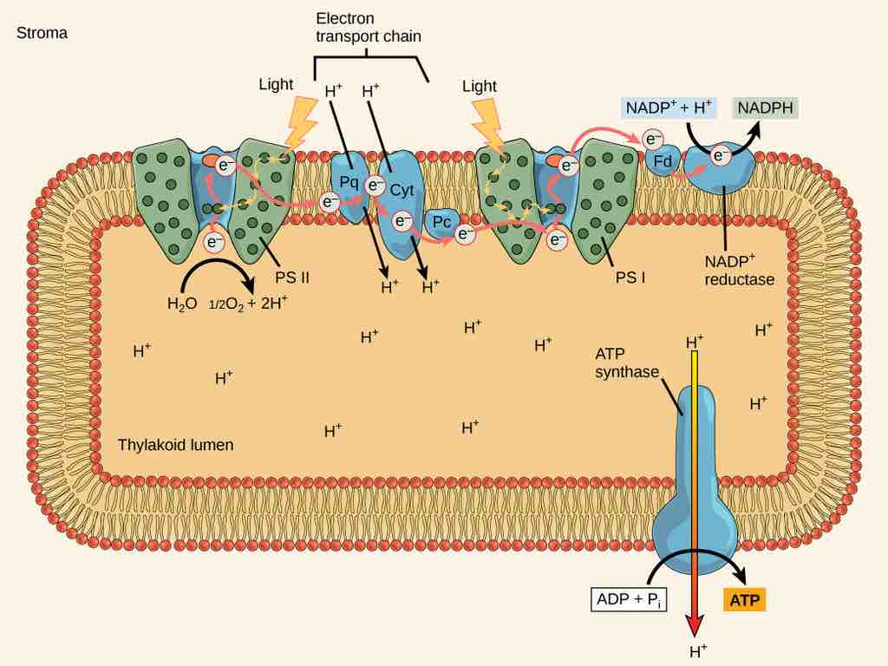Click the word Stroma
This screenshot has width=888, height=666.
click(42, 33)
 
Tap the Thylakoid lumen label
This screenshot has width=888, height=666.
click(175, 445)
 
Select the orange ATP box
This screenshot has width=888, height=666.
click(744, 599)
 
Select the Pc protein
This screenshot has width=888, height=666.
click(441, 223)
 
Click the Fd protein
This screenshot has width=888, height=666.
click(663, 160)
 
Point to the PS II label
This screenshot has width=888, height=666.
click(292, 278)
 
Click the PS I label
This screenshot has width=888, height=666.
click(631, 278)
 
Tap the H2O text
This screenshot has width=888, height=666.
click(182, 304)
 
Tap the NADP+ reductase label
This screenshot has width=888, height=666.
click(736, 271)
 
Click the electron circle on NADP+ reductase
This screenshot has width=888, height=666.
click(719, 155)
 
